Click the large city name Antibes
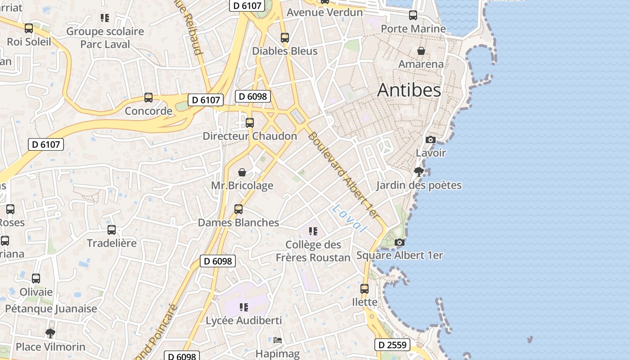[409, 90]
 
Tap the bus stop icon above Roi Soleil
[29, 28]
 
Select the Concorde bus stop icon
[148, 97]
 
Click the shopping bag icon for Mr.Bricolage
[242, 172]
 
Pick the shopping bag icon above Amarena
[421, 51]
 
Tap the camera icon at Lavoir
[431, 139]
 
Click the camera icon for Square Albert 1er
[399, 243]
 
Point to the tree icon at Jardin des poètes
[418, 171]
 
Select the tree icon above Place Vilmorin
[50, 333]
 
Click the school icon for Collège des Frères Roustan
[313, 231]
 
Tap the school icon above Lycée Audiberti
[244, 307]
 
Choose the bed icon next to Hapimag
[278, 340]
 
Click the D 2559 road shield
[392, 345]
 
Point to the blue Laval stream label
[349, 218]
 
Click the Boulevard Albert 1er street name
[344, 175]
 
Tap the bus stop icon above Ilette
[364, 288]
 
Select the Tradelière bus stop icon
[112, 230]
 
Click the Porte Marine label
[413, 29]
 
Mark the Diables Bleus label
[284, 51]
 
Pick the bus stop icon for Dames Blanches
[238, 209]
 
